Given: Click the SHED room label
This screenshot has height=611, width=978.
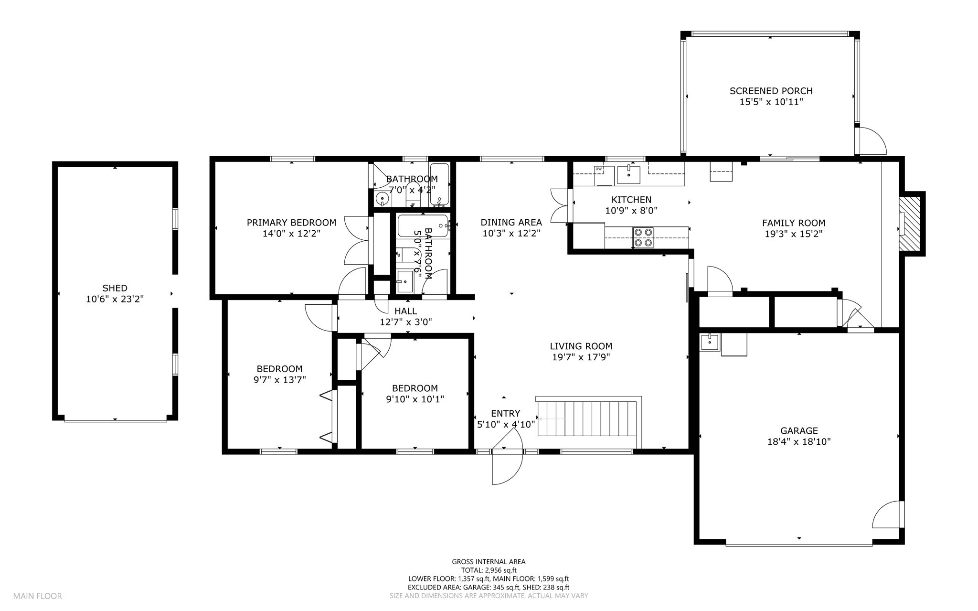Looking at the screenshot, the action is (x=115, y=288).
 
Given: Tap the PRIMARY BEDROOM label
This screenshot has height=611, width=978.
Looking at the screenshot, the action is (x=291, y=223).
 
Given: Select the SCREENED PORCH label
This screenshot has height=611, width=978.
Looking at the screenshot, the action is (x=771, y=91).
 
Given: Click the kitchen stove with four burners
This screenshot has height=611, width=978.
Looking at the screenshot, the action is (x=643, y=237).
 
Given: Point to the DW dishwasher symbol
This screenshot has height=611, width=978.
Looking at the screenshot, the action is (x=598, y=169).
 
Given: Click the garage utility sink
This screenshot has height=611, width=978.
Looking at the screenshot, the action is (x=710, y=343).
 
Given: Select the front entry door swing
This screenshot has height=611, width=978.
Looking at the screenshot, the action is (x=507, y=456).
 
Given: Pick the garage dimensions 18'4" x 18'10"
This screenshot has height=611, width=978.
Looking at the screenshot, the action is (x=799, y=442).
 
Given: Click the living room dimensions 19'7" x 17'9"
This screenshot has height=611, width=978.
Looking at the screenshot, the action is (x=581, y=357).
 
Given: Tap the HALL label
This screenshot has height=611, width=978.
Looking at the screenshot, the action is (x=405, y=311).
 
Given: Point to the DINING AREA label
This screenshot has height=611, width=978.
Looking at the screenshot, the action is (x=511, y=222).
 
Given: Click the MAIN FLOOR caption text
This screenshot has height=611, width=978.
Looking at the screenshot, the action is (x=37, y=596).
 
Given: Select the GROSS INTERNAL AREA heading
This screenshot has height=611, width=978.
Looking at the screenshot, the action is (x=489, y=562).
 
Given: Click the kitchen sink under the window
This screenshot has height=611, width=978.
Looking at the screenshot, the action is (x=628, y=174).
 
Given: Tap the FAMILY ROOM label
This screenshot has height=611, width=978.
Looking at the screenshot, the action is (x=794, y=223).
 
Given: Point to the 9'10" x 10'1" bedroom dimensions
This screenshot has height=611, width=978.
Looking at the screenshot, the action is (x=415, y=399).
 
